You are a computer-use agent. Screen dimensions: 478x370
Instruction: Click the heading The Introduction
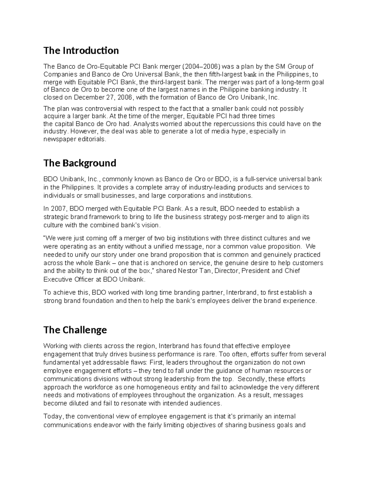click(81, 50)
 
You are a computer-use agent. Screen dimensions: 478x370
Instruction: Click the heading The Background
click(80, 163)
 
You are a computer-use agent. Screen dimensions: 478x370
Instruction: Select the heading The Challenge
click(75, 330)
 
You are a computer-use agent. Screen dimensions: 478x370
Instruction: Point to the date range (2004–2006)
click(201, 66)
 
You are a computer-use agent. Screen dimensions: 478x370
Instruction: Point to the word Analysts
click(147, 124)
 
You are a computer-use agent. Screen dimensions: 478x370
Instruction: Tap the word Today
click(53, 417)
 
